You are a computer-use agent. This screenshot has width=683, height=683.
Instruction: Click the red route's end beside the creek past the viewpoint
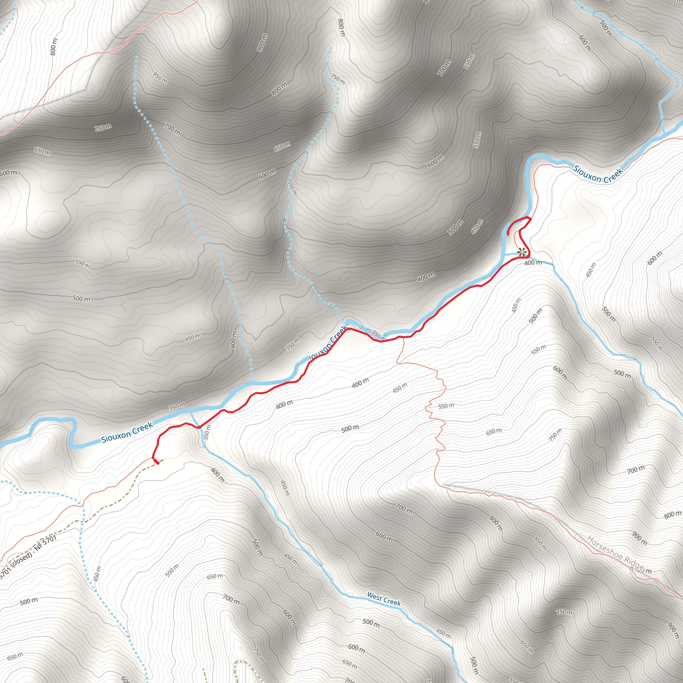(508, 234)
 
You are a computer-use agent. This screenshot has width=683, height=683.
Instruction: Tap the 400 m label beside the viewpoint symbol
(533, 263)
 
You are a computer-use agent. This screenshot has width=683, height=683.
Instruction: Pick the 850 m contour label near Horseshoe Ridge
(540, 544)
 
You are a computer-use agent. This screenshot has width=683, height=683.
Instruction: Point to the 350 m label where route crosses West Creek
(207, 432)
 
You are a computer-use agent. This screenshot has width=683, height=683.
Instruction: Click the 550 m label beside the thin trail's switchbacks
(446, 406)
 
